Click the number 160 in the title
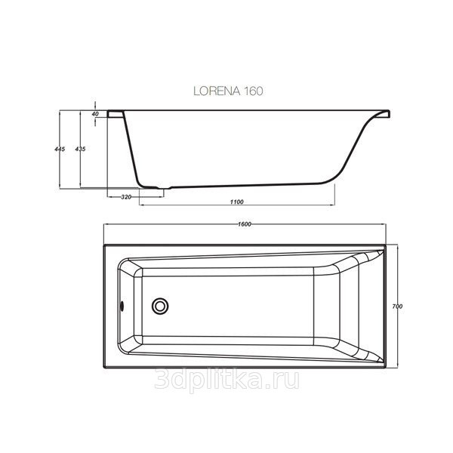tap(252, 90)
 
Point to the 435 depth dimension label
tap(81, 149)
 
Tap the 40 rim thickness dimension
tap(96, 113)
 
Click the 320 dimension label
tap(126, 197)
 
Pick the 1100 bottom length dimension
tap(234, 202)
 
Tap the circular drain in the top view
tap(160, 306)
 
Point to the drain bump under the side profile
tap(161, 186)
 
